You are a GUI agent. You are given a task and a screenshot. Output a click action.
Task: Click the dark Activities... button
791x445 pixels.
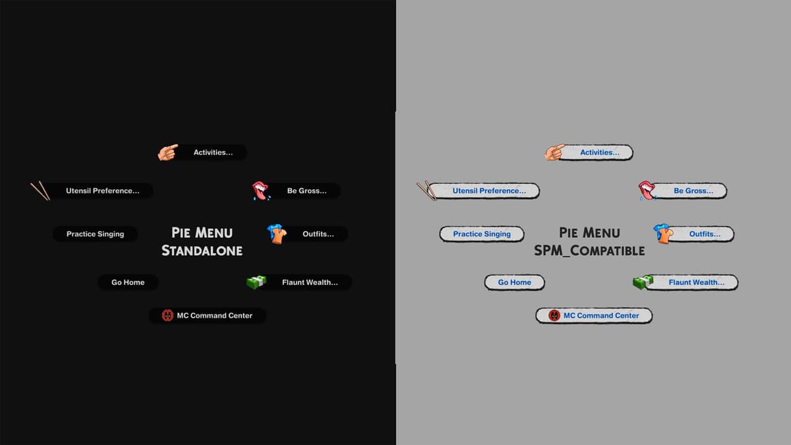click(x=211, y=152)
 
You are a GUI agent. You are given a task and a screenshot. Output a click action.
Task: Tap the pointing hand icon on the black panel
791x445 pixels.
click(x=167, y=152)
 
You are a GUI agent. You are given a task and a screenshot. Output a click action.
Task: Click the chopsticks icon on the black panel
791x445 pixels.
click(x=40, y=191)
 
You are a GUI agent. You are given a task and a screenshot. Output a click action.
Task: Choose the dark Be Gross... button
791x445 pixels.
click(x=305, y=191)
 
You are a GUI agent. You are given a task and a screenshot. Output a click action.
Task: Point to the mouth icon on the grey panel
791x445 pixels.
click(x=647, y=191)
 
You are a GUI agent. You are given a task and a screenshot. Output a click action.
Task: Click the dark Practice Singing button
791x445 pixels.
click(x=95, y=234)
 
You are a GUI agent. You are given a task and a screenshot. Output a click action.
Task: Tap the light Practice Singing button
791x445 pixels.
click(x=482, y=234)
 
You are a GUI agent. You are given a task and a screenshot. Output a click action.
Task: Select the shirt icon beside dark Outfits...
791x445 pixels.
click(x=277, y=234)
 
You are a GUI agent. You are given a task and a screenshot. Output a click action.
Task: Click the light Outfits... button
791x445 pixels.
click(x=700, y=234)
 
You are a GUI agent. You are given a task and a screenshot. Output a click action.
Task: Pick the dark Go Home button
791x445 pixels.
click(x=128, y=282)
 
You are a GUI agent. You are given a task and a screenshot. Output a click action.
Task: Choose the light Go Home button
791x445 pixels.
click(x=515, y=282)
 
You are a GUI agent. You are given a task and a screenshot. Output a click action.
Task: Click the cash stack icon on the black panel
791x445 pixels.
click(x=256, y=282)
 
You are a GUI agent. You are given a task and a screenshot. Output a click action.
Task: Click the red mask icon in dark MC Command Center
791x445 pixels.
click(x=167, y=315)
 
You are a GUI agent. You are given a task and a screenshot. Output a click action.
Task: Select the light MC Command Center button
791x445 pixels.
click(x=594, y=315)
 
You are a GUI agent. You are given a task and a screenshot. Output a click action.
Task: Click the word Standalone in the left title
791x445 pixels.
click(x=202, y=251)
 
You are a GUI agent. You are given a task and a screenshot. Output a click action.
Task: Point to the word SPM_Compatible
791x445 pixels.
click(x=589, y=251)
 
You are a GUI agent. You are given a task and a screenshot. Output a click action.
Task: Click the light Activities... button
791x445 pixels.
click(x=597, y=152)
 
